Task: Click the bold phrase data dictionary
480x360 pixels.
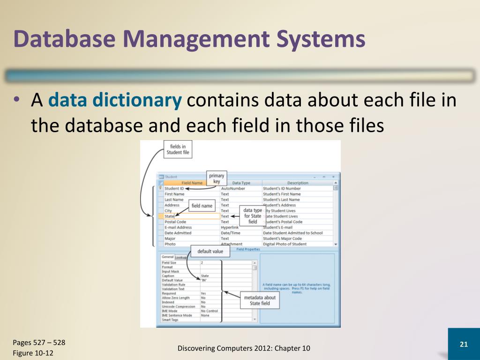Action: [x=115, y=101]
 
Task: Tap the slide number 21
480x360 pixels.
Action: [x=464, y=345]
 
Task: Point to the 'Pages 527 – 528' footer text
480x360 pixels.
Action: [x=39, y=343]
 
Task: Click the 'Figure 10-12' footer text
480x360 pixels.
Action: [x=33, y=353]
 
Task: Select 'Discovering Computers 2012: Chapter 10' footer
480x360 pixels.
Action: [x=244, y=348]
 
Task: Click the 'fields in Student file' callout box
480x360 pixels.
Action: [x=178, y=150]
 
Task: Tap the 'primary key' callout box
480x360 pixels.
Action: [x=217, y=179]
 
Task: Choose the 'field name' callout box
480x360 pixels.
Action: [x=202, y=206]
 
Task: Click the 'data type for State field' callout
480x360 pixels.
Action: [x=253, y=216]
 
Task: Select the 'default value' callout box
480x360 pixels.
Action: [x=210, y=252]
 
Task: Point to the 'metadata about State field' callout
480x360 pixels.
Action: [x=260, y=300]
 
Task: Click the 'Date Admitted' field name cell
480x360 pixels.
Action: [x=178, y=233]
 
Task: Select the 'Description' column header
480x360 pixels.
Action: [x=298, y=183]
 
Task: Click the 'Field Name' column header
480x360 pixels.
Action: [x=192, y=183]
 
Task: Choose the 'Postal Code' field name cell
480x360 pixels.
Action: [x=175, y=222]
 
